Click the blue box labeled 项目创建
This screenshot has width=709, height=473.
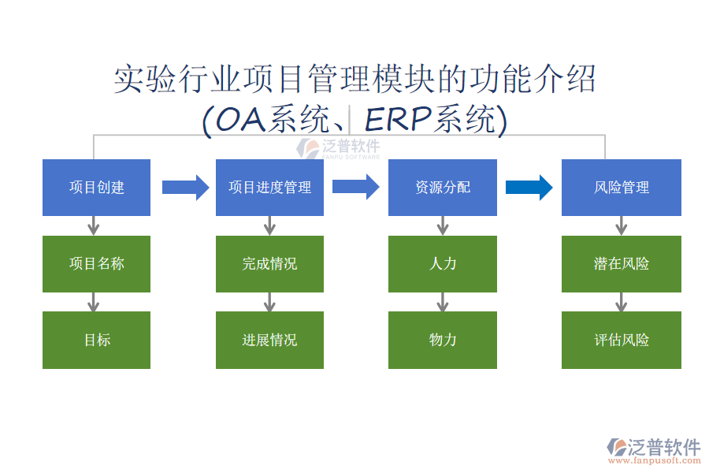[x=96, y=188]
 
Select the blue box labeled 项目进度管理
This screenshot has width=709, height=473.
[x=269, y=188]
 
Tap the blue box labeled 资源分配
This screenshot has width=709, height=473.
[x=442, y=188]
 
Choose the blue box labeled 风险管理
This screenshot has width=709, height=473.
[x=621, y=188]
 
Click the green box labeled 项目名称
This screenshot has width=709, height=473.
[x=96, y=264]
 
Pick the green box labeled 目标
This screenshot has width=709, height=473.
[x=96, y=340]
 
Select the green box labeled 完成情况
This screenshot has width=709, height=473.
[x=269, y=264]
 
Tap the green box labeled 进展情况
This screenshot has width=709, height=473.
[x=269, y=340]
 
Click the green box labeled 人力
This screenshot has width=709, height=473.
[x=442, y=264]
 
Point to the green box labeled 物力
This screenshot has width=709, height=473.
[x=442, y=340]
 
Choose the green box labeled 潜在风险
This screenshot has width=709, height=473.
[x=621, y=264]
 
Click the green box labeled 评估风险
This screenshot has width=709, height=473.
[x=621, y=340]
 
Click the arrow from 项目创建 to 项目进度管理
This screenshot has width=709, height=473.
[x=185, y=187]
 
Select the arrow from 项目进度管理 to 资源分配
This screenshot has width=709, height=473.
[x=355, y=187]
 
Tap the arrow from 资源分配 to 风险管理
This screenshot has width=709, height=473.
[x=529, y=187]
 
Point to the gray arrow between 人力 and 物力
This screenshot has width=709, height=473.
[x=442, y=302]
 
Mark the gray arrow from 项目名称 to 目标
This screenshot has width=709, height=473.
[x=94, y=302]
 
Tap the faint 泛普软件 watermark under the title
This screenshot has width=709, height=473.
[x=339, y=148]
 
